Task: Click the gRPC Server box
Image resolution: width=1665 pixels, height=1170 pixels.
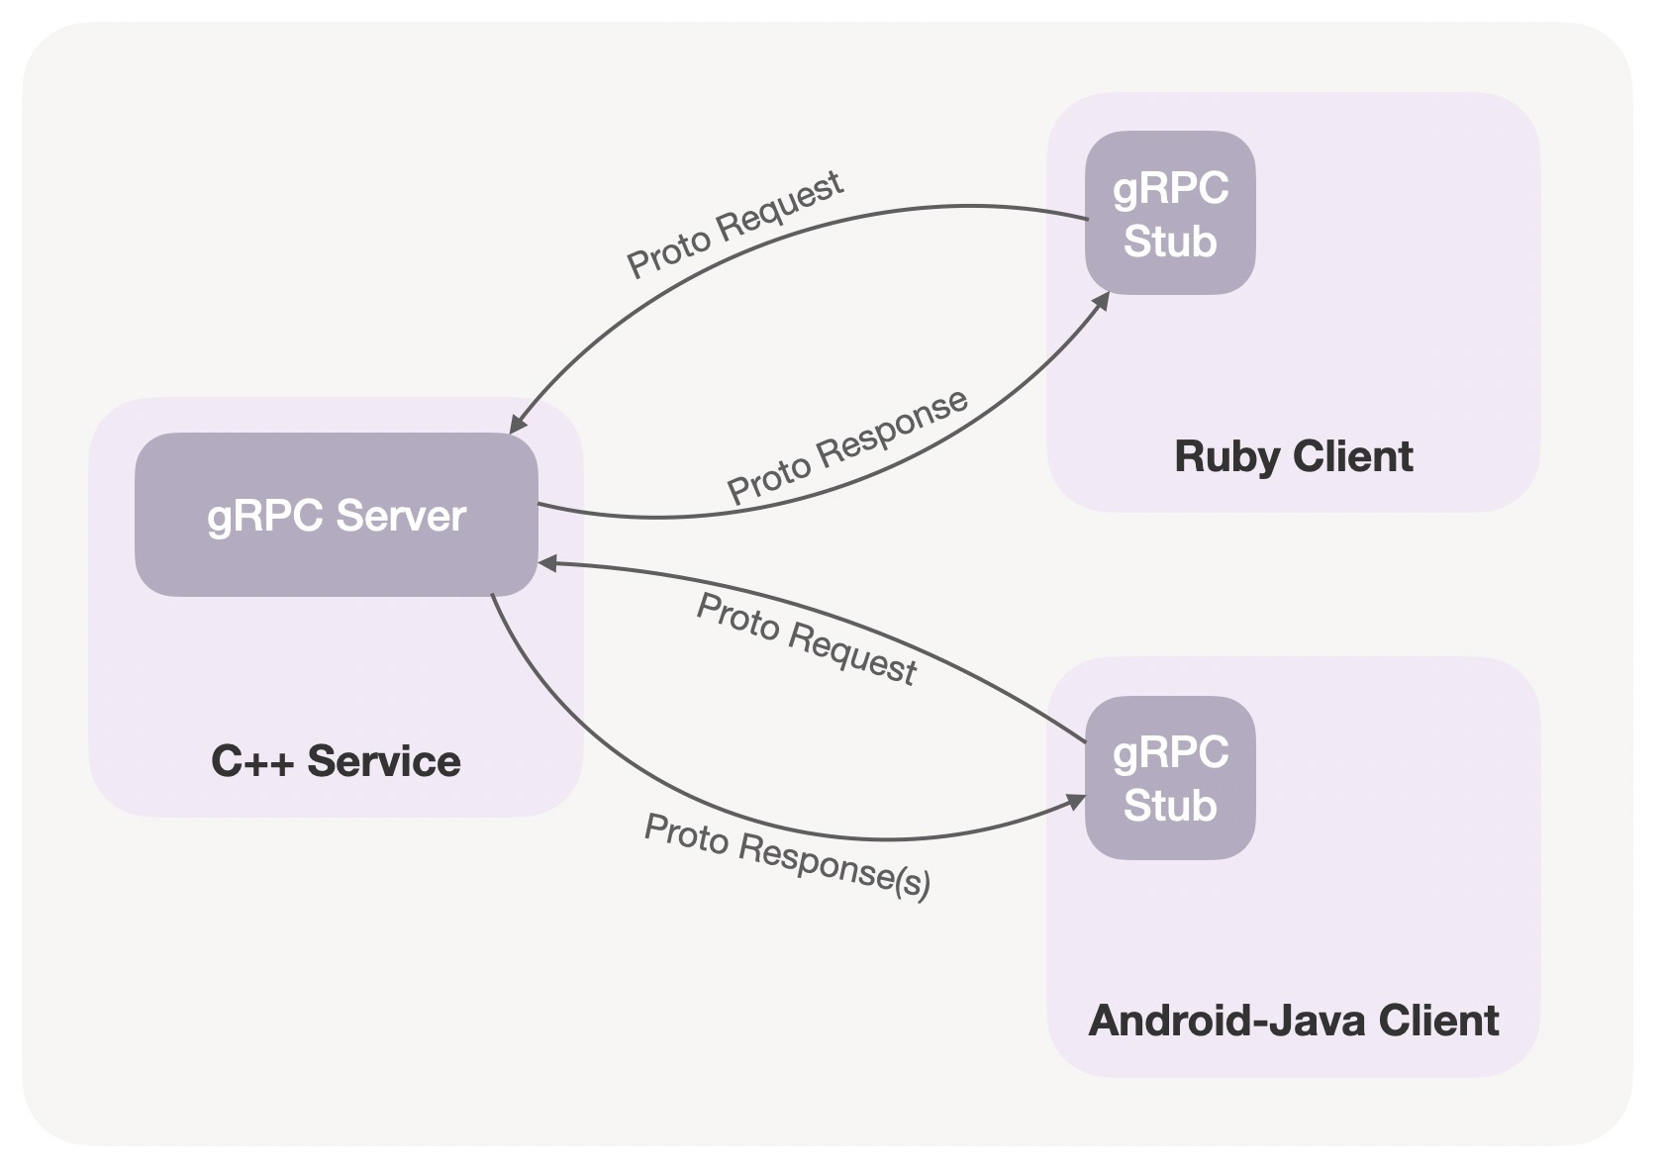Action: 336,515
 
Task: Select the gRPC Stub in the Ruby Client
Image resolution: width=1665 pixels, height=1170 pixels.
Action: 1170,213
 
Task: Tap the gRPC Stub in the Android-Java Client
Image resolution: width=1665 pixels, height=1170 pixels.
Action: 1170,778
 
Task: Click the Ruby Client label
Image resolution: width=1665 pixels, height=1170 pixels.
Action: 1293,456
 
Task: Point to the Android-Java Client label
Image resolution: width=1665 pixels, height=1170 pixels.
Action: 1293,1021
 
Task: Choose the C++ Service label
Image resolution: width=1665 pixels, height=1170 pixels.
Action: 336,761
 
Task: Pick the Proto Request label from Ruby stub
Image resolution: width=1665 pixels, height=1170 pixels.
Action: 735,224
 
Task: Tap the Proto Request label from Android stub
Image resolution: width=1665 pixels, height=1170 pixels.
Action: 807,638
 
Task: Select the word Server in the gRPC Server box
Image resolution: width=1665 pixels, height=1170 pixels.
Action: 401,516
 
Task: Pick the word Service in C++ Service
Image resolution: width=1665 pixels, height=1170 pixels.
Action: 384,761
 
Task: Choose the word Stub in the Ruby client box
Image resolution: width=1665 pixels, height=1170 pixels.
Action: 1170,242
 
